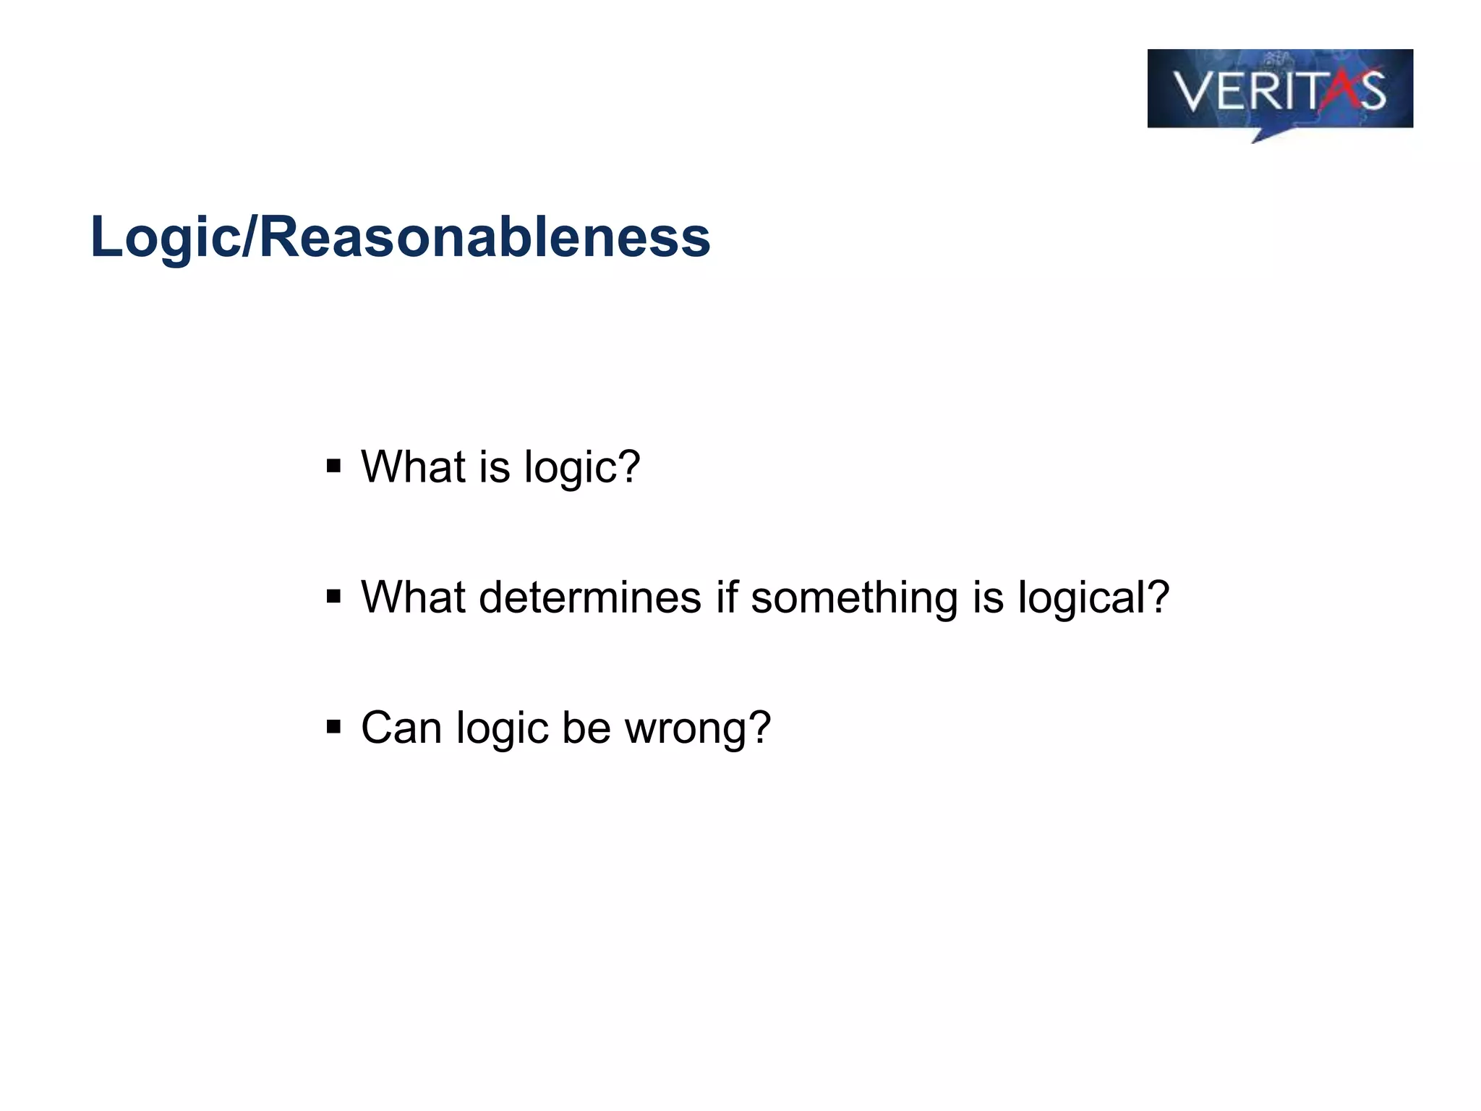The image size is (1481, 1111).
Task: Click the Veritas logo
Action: [x=1280, y=90]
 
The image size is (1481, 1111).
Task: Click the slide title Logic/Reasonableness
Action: [x=400, y=237]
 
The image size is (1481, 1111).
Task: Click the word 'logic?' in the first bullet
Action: [x=582, y=468]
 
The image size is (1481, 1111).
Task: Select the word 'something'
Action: [x=854, y=599]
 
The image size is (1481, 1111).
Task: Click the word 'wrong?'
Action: [x=698, y=728]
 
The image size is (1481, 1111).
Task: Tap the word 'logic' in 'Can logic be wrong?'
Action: [x=502, y=728]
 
